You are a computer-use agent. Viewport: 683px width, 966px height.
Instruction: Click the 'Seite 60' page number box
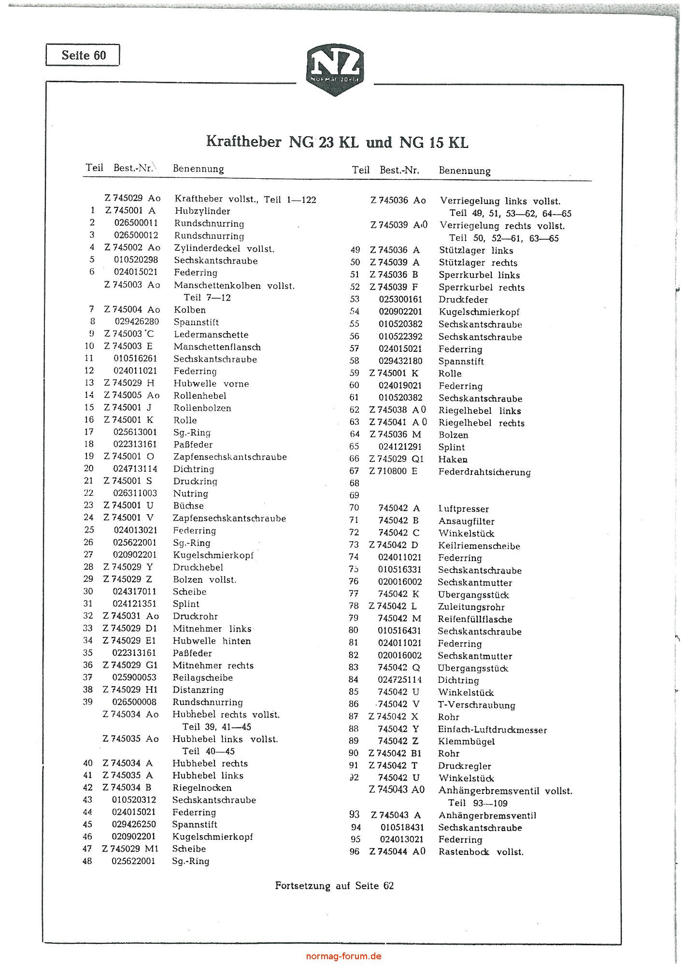(83, 55)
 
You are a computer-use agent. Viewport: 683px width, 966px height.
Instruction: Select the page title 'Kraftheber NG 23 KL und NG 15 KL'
(337, 142)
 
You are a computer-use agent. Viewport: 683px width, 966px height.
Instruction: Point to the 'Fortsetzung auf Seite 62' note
(334, 885)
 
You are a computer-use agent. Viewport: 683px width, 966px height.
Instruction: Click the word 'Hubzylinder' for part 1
(202, 211)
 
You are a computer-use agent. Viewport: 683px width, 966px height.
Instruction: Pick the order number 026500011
(136, 223)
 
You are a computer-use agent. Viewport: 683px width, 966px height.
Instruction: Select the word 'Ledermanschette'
(211, 334)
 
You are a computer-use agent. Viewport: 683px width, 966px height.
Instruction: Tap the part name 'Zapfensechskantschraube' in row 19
(230, 457)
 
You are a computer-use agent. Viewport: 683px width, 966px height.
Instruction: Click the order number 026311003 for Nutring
(135, 493)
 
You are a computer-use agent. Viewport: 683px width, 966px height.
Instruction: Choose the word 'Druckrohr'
(195, 616)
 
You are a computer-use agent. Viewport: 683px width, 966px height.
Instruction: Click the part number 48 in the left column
(87, 861)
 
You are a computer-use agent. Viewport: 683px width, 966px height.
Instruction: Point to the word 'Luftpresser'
(464, 508)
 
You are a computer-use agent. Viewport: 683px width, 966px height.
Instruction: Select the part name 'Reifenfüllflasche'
(475, 619)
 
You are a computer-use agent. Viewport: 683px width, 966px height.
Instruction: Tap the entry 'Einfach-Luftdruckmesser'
(492, 730)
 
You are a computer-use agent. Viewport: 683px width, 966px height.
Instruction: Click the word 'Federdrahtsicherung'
(484, 472)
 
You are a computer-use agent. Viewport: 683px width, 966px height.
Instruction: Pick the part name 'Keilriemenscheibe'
(479, 546)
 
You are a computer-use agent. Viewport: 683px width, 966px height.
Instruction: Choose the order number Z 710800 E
(393, 471)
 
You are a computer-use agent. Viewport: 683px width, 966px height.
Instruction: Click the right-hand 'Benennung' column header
(464, 171)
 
